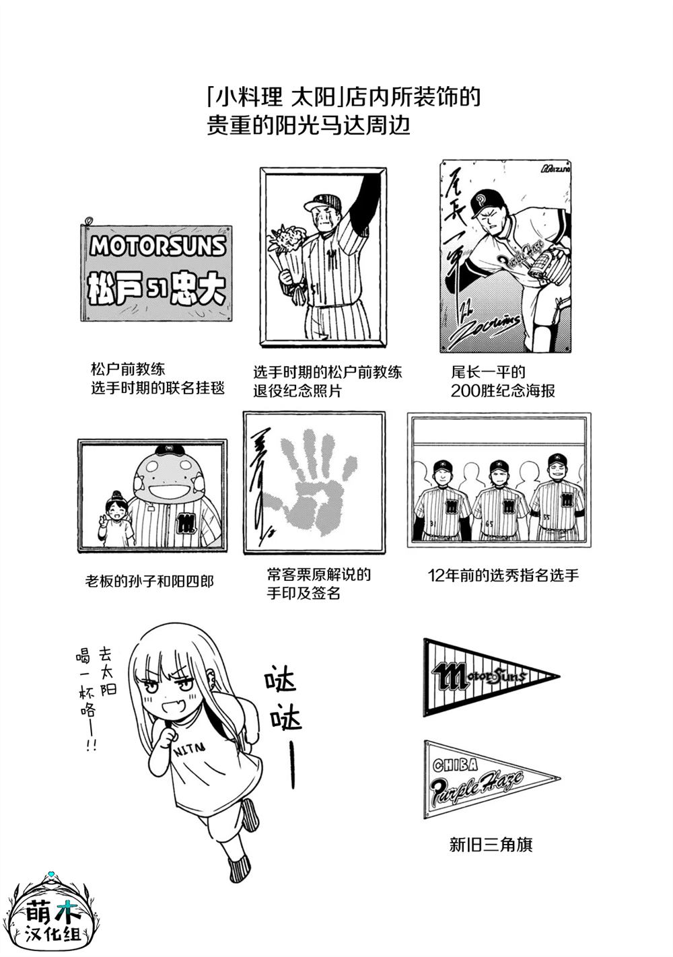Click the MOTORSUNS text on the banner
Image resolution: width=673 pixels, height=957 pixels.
click(x=157, y=246)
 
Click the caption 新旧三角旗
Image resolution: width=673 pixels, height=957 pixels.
click(x=491, y=844)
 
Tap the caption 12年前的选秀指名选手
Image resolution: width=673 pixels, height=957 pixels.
click(x=503, y=575)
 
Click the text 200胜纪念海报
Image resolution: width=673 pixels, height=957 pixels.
click(x=503, y=390)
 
